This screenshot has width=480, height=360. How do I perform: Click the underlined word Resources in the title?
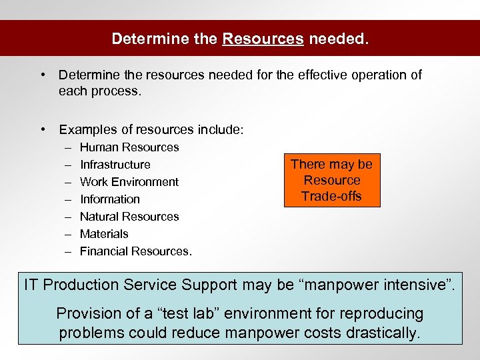pyautogui.click(x=263, y=39)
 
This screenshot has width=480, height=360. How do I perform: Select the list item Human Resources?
pyautogui.click(x=129, y=147)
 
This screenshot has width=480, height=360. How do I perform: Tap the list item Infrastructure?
pyautogui.click(x=115, y=165)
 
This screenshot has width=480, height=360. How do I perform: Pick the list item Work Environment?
pyautogui.click(x=129, y=182)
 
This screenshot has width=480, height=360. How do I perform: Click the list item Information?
pyautogui.click(x=110, y=199)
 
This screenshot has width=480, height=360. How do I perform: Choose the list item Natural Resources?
pyautogui.click(x=129, y=217)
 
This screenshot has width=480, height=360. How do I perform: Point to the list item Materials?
pyautogui.click(x=104, y=234)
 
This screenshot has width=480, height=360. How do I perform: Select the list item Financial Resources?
pyautogui.click(x=136, y=251)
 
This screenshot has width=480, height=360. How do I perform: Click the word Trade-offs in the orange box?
pyautogui.click(x=331, y=196)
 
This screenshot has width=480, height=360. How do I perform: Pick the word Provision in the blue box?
pyautogui.click(x=85, y=313)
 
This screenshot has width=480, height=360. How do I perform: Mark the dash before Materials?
pyautogui.click(x=68, y=234)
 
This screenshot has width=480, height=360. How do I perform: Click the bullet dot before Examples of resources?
pyautogui.click(x=43, y=130)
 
